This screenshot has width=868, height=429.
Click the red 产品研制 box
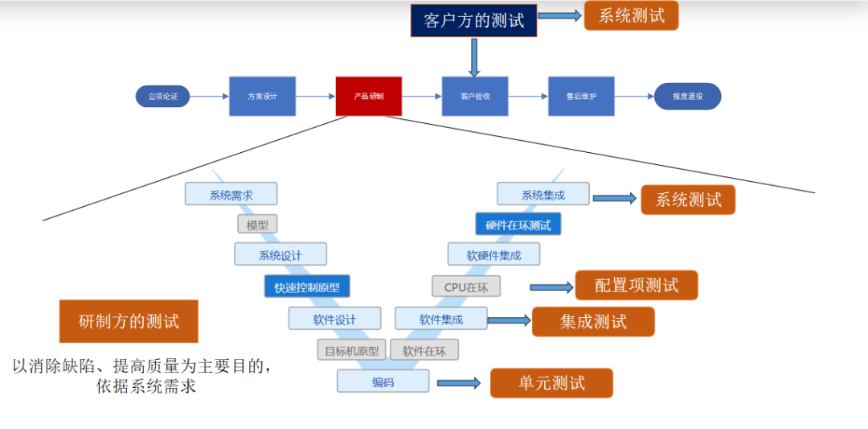(368, 97)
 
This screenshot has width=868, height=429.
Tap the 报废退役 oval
(687, 97)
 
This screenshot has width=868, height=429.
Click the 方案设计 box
(262, 97)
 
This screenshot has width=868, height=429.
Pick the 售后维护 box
(581, 97)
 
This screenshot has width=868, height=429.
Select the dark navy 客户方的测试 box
(473, 20)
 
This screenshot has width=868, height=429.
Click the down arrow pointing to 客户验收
(474, 56)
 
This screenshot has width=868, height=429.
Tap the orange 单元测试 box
(551, 383)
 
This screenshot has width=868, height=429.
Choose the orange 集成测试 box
(593, 322)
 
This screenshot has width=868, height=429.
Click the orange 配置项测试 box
(636, 285)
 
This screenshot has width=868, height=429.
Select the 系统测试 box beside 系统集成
(688, 200)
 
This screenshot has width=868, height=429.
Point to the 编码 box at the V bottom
(383, 382)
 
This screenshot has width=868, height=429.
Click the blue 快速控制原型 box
(307, 287)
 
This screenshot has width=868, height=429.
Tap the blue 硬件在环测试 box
(518, 225)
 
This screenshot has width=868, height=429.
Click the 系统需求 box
(231, 194)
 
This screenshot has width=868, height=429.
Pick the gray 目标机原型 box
(352, 350)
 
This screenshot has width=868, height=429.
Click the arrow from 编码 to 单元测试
(458, 383)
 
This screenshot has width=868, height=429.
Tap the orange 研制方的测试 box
(129, 321)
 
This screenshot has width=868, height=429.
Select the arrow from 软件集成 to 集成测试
(509, 320)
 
